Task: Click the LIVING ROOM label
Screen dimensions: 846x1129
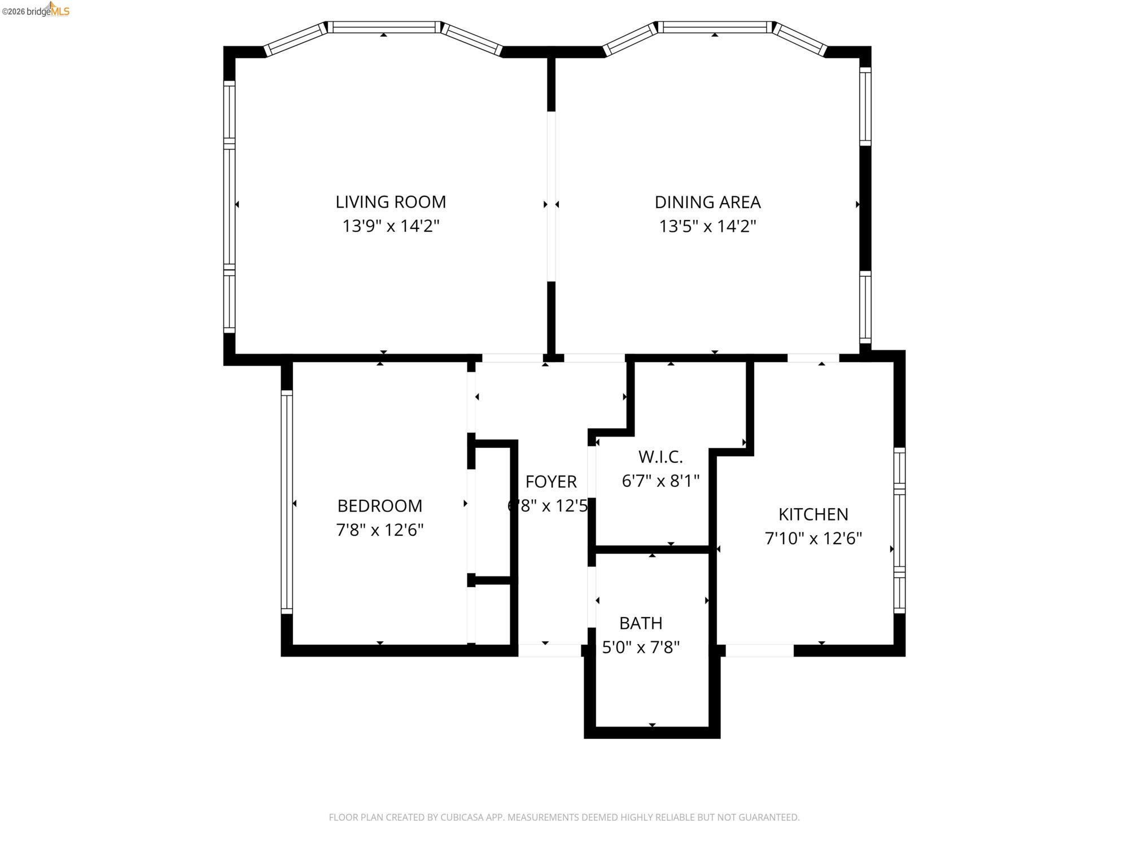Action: click(391, 202)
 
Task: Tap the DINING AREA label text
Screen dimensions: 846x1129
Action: click(707, 202)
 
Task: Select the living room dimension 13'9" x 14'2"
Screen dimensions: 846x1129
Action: click(391, 226)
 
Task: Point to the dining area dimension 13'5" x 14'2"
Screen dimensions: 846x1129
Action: click(707, 226)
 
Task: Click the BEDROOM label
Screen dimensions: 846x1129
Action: click(379, 506)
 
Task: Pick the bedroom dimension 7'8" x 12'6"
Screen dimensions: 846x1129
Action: click(379, 530)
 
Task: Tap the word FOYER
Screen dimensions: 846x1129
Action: click(551, 482)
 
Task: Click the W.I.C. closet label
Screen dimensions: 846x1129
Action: click(660, 456)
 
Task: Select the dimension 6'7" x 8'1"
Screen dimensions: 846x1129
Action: click(660, 481)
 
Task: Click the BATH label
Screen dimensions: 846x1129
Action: click(641, 623)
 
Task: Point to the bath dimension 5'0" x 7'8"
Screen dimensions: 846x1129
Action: click(641, 647)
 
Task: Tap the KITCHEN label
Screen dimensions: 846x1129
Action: click(813, 514)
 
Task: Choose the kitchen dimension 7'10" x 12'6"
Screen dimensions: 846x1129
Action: click(813, 539)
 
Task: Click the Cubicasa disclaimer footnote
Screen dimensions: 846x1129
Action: click(564, 817)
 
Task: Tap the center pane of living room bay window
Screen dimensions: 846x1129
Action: click(384, 27)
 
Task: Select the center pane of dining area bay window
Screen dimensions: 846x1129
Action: click(715, 27)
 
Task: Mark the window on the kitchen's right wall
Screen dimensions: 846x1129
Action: click(899, 530)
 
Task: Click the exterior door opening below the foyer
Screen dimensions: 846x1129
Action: click(549, 650)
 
